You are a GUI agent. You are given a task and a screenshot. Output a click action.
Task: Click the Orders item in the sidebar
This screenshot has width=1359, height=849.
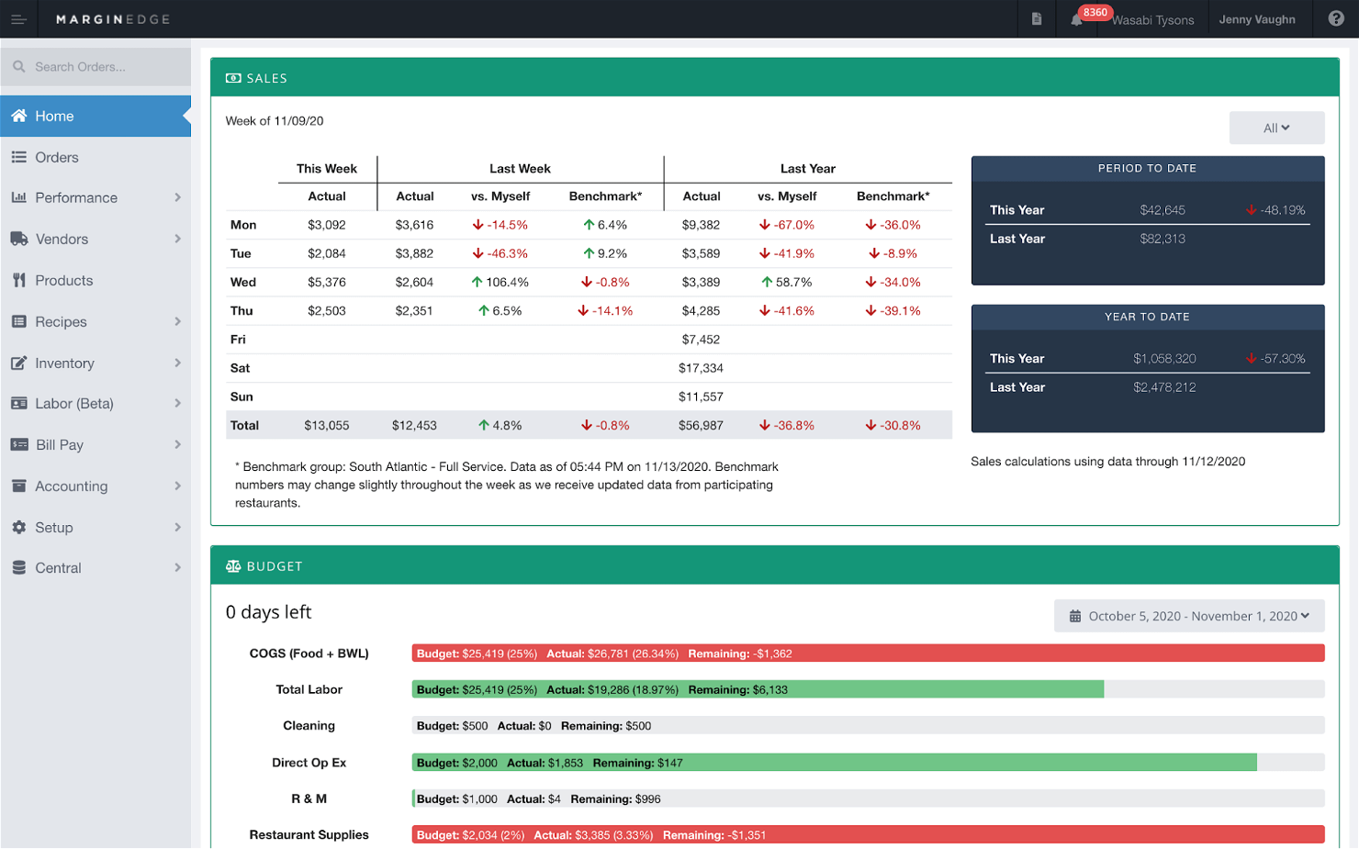click(x=57, y=157)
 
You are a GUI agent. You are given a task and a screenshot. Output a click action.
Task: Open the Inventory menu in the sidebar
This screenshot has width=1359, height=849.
click(x=64, y=363)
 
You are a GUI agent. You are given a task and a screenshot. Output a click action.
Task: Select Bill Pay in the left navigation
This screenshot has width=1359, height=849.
click(x=60, y=445)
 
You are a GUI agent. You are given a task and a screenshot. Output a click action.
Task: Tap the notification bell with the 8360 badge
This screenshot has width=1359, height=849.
click(x=1076, y=19)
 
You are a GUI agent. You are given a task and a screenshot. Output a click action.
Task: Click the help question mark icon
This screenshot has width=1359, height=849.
click(x=1336, y=18)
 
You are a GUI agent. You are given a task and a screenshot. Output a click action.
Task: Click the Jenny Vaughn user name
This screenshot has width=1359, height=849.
click(x=1256, y=19)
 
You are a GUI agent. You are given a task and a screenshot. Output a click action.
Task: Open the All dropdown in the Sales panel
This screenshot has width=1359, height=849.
click(x=1276, y=128)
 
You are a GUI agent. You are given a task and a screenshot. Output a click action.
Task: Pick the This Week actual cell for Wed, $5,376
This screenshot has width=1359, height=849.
click(x=327, y=282)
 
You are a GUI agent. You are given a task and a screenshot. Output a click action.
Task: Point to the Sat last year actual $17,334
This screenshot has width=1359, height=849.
click(x=701, y=368)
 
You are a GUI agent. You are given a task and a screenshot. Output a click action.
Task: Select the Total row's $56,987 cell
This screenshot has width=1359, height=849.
click(x=701, y=425)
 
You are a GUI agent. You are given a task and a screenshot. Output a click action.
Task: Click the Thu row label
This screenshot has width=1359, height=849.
click(x=241, y=310)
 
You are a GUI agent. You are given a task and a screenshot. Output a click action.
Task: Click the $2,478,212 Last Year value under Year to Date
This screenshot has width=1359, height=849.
click(x=1164, y=387)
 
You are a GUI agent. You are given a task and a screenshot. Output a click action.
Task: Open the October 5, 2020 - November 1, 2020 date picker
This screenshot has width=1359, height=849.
click(x=1189, y=616)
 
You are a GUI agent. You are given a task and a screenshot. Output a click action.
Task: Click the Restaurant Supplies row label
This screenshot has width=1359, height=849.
click(x=309, y=834)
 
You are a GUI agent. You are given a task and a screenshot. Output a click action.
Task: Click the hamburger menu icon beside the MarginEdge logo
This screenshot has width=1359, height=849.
click(x=18, y=19)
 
